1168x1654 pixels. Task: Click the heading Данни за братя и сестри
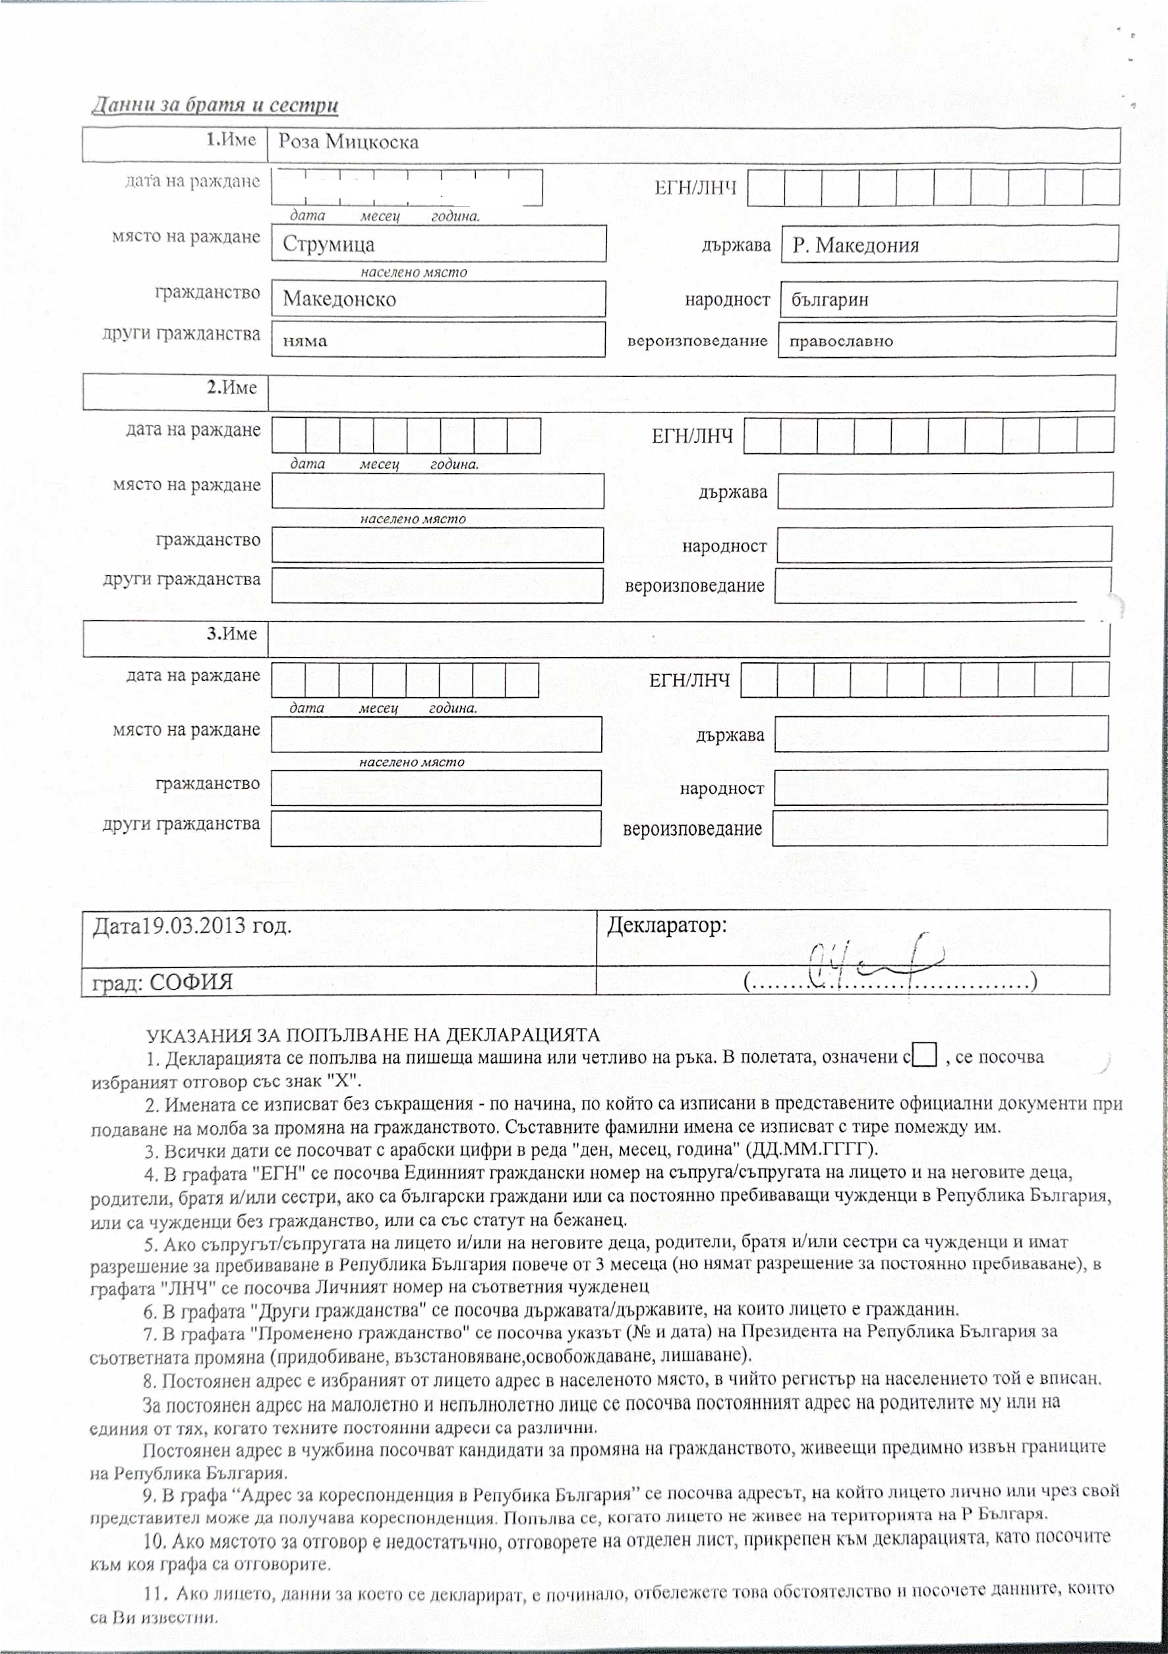point(215,105)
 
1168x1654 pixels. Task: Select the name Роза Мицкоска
point(348,142)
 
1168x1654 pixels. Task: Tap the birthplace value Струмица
point(328,244)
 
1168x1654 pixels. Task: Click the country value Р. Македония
point(856,246)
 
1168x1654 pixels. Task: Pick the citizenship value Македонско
point(339,299)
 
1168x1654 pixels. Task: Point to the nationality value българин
point(829,300)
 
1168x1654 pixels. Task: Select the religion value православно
point(841,341)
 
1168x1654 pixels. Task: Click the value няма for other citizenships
point(305,341)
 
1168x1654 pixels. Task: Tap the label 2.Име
point(232,387)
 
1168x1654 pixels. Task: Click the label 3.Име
point(232,634)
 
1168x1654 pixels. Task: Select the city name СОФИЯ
point(191,983)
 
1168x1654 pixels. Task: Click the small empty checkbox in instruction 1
point(925,1056)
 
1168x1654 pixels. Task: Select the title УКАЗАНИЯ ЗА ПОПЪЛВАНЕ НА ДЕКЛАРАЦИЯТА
point(372,1035)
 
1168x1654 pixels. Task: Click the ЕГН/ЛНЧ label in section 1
point(695,188)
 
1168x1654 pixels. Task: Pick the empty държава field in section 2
point(945,490)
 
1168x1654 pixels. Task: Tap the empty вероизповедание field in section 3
point(939,828)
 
